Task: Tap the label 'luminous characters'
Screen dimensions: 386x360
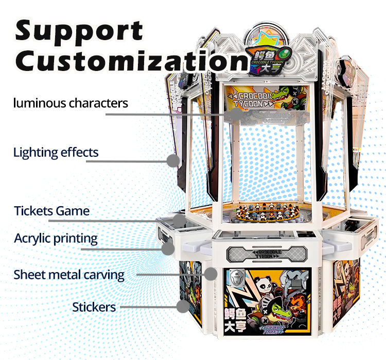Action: click(x=70, y=103)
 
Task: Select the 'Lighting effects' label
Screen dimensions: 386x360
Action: click(x=56, y=152)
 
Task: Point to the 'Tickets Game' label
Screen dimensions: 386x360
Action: click(x=51, y=211)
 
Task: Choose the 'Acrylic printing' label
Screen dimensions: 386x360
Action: click(x=56, y=239)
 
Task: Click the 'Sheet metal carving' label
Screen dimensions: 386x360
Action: click(x=69, y=275)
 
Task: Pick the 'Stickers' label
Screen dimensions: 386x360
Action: click(x=94, y=308)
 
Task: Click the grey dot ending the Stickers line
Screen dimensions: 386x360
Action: click(x=182, y=307)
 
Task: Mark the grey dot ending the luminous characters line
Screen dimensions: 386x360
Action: click(x=235, y=114)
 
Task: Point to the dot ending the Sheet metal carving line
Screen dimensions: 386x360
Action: click(x=210, y=274)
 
